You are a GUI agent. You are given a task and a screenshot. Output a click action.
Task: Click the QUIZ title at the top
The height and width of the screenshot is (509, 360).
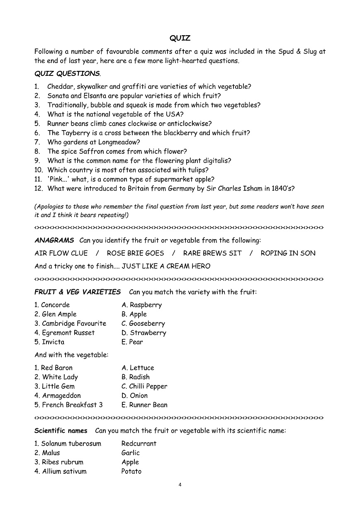tap(180, 38)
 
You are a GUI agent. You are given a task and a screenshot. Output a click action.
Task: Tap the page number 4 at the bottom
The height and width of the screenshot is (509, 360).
tap(180, 485)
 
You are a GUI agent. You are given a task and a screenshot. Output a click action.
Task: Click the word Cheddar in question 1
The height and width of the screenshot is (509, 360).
tap(61, 87)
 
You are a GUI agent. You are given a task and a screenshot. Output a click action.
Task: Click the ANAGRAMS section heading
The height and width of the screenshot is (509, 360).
tap(54, 240)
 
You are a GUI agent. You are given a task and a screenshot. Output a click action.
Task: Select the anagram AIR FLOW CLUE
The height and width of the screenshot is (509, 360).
tap(61, 253)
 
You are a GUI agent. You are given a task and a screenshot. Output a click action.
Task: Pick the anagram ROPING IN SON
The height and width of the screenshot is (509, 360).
tap(288, 253)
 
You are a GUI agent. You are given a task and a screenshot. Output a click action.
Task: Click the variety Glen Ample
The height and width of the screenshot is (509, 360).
tap(59, 314)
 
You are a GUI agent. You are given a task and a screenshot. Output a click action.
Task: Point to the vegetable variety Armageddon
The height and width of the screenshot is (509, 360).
tap(61, 396)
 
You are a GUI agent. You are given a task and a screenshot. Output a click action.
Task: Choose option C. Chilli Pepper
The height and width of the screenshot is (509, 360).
tap(144, 386)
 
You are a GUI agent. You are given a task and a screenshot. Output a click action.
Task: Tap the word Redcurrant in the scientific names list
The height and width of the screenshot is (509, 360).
tap(139, 444)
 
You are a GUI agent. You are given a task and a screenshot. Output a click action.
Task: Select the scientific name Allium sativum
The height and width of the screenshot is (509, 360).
tap(64, 471)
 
